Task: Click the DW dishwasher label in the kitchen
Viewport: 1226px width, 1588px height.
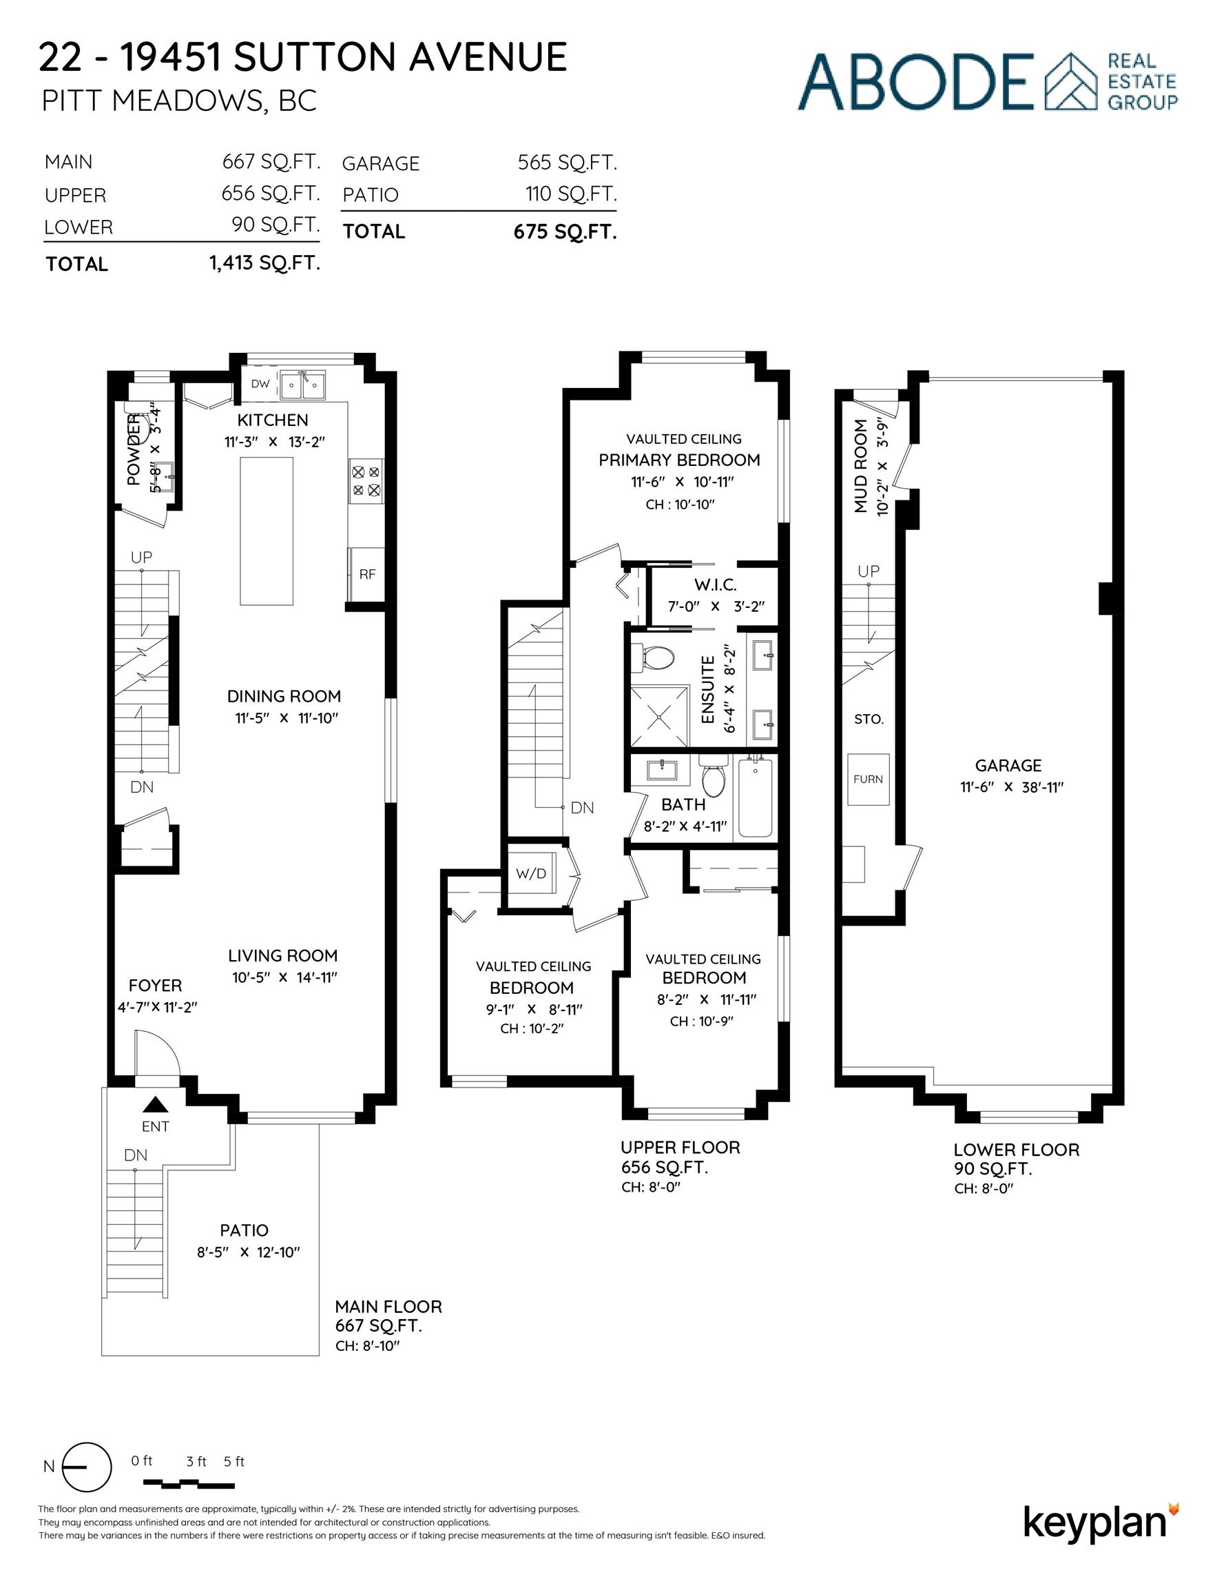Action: [260, 384]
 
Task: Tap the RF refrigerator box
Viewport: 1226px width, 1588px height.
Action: [367, 574]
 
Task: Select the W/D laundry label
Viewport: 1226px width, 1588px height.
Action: [530, 873]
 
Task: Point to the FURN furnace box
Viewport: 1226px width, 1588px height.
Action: [869, 779]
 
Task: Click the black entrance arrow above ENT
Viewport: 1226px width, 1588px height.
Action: [156, 1106]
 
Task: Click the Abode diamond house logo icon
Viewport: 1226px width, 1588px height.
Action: [1070, 81]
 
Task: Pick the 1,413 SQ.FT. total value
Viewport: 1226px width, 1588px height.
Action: [265, 263]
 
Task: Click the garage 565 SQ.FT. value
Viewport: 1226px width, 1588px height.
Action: [568, 163]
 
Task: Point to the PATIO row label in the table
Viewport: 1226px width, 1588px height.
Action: [371, 195]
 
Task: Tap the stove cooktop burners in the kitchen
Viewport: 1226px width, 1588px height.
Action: [366, 480]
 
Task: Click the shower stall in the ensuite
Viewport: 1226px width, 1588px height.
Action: [659, 715]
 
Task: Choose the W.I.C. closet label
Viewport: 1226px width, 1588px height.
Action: [715, 584]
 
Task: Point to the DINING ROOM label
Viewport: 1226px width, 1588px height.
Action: [284, 696]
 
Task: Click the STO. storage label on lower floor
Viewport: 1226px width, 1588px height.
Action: [869, 719]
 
